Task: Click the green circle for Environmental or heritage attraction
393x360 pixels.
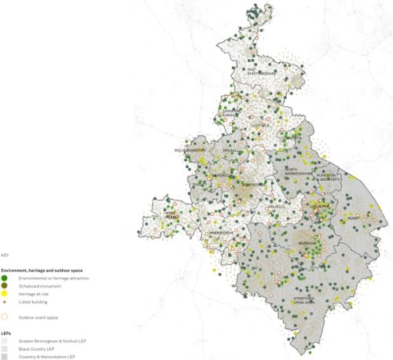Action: click(5, 279)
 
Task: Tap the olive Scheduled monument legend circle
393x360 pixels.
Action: click(5, 286)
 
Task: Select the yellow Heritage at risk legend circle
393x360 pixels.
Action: click(5, 293)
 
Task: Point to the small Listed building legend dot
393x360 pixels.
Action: click(5, 301)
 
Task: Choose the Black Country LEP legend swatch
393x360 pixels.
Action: click(5, 346)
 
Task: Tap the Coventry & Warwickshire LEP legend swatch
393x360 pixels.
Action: click(5, 356)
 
